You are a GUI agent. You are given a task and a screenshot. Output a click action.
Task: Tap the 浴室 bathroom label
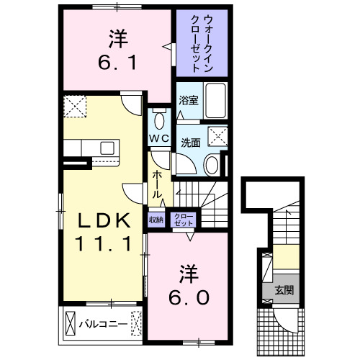(x=188, y=102)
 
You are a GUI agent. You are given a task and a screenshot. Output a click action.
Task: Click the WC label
(x=159, y=138)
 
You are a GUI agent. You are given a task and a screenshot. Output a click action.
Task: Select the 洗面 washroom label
(x=191, y=142)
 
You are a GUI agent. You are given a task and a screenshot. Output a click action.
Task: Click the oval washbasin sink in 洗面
(x=212, y=165)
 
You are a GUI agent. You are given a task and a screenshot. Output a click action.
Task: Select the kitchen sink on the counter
(x=107, y=148)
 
